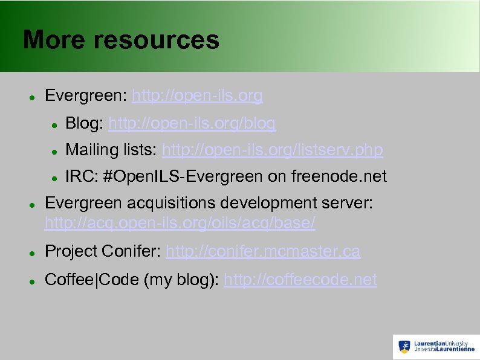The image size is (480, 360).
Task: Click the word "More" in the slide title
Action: click(52, 40)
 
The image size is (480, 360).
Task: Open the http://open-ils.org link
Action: click(197, 95)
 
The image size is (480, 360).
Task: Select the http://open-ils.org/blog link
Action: click(192, 123)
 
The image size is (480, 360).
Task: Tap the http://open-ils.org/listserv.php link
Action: click(273, 149)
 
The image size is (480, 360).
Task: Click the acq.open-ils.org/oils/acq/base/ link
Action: click(180, 223)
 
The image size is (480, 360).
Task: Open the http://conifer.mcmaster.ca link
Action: click(262, 251)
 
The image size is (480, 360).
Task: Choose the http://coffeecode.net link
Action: click(300, 280)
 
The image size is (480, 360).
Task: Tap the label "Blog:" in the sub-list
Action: click(84, 123)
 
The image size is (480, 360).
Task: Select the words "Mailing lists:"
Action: click(112, 149)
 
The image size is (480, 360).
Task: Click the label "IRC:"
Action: click(82, 176)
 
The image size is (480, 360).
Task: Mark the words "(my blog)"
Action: click(181, 280)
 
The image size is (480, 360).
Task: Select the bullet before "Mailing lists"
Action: click(54, 150)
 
